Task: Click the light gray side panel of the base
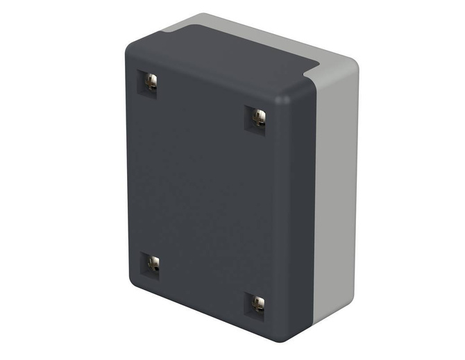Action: [337, 194]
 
